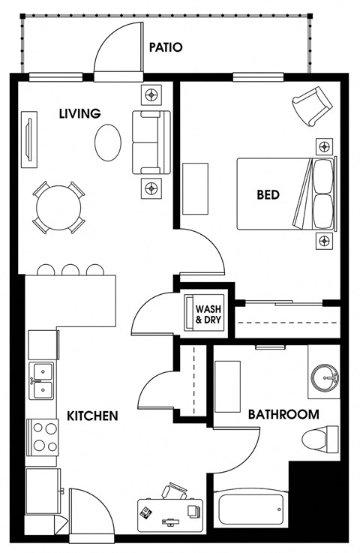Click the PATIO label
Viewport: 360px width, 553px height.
pos(165,47)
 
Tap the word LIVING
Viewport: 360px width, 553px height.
pos(80,113)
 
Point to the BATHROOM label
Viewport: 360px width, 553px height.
pos(283,414)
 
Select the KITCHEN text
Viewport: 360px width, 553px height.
pos(92,416)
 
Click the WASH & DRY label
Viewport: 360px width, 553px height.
pos(208,314)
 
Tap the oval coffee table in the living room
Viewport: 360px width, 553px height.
pos(108,143)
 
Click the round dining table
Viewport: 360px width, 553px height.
pos(59,208)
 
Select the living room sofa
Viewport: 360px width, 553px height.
pos(151,142)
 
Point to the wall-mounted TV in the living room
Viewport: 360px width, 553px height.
pos(29,140)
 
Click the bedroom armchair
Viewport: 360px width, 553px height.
pos(312,106)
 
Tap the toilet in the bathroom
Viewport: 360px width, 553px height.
pos(320,440)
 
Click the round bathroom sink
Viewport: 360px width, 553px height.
pos(325,378)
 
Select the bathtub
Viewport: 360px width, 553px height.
pos(251,508)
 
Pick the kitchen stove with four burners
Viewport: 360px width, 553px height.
pos(43,437)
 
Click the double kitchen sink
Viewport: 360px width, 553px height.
pos(41,381)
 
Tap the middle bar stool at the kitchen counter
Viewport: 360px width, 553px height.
pos(70,270)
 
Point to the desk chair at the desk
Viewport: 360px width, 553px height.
pos(175,491)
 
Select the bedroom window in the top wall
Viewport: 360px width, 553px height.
pos(259,77)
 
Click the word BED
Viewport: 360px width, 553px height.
pos(268,194)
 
